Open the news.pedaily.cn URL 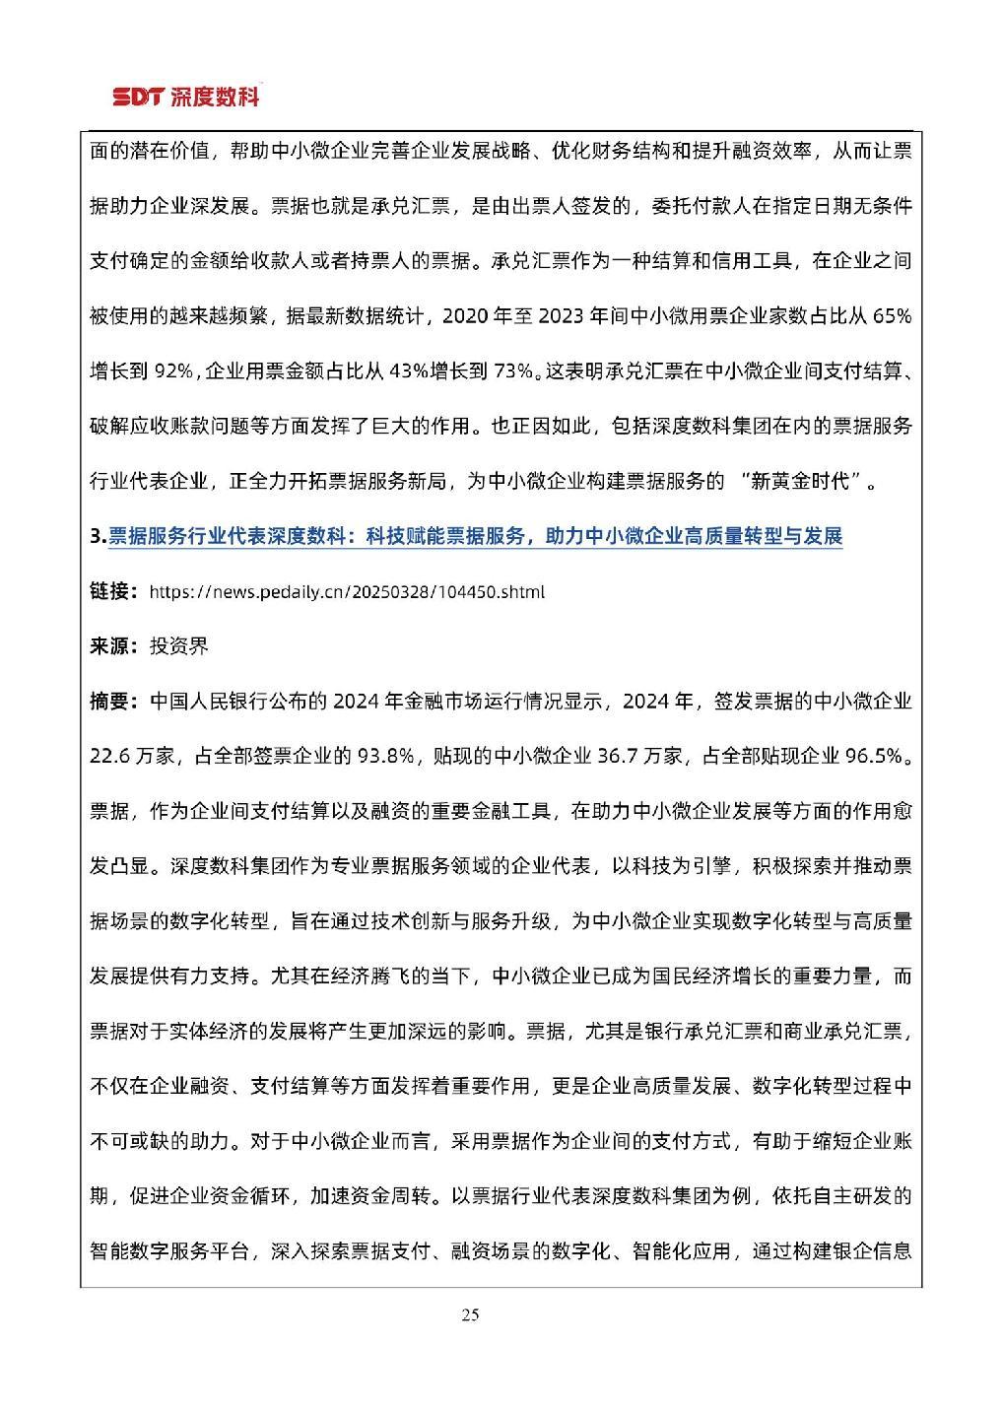pos(346,592)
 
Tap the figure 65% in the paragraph pos(892,316)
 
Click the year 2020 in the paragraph pos(466,316)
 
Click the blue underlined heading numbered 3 pos(465,537)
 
